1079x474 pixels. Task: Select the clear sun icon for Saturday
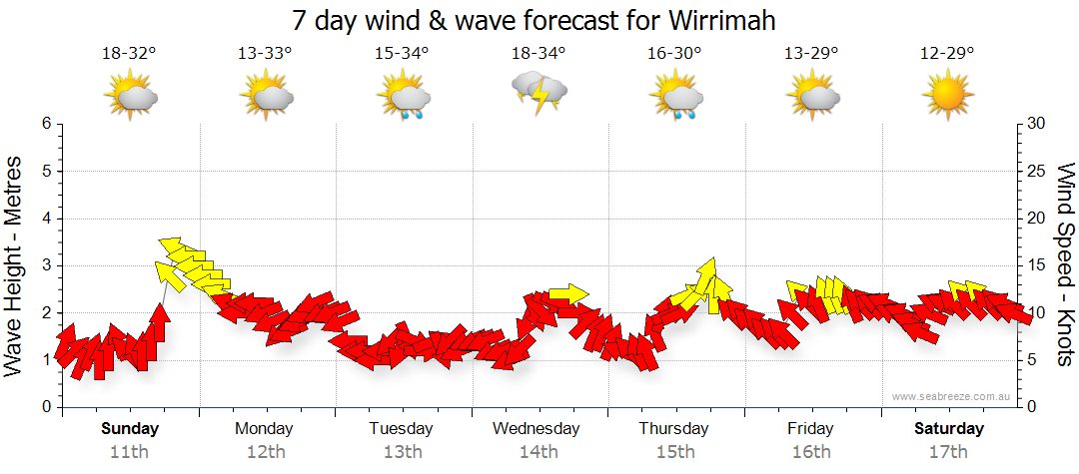947,96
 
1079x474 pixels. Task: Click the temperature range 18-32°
129,53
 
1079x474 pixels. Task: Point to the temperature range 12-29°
947,53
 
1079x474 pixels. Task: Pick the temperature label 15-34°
402,53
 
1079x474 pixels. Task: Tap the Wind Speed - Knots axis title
1064,265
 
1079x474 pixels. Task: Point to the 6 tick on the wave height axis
46,124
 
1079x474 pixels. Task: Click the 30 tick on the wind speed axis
1037,124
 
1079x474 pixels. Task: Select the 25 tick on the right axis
1037,171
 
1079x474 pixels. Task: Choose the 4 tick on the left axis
46,219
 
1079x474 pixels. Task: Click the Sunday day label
129,429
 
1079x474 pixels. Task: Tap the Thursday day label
674,429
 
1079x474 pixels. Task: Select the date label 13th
402,451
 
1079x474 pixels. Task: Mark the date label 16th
810,451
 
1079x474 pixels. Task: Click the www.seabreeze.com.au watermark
952,396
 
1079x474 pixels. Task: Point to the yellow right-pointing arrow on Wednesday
567,293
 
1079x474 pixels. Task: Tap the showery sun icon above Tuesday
403,98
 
